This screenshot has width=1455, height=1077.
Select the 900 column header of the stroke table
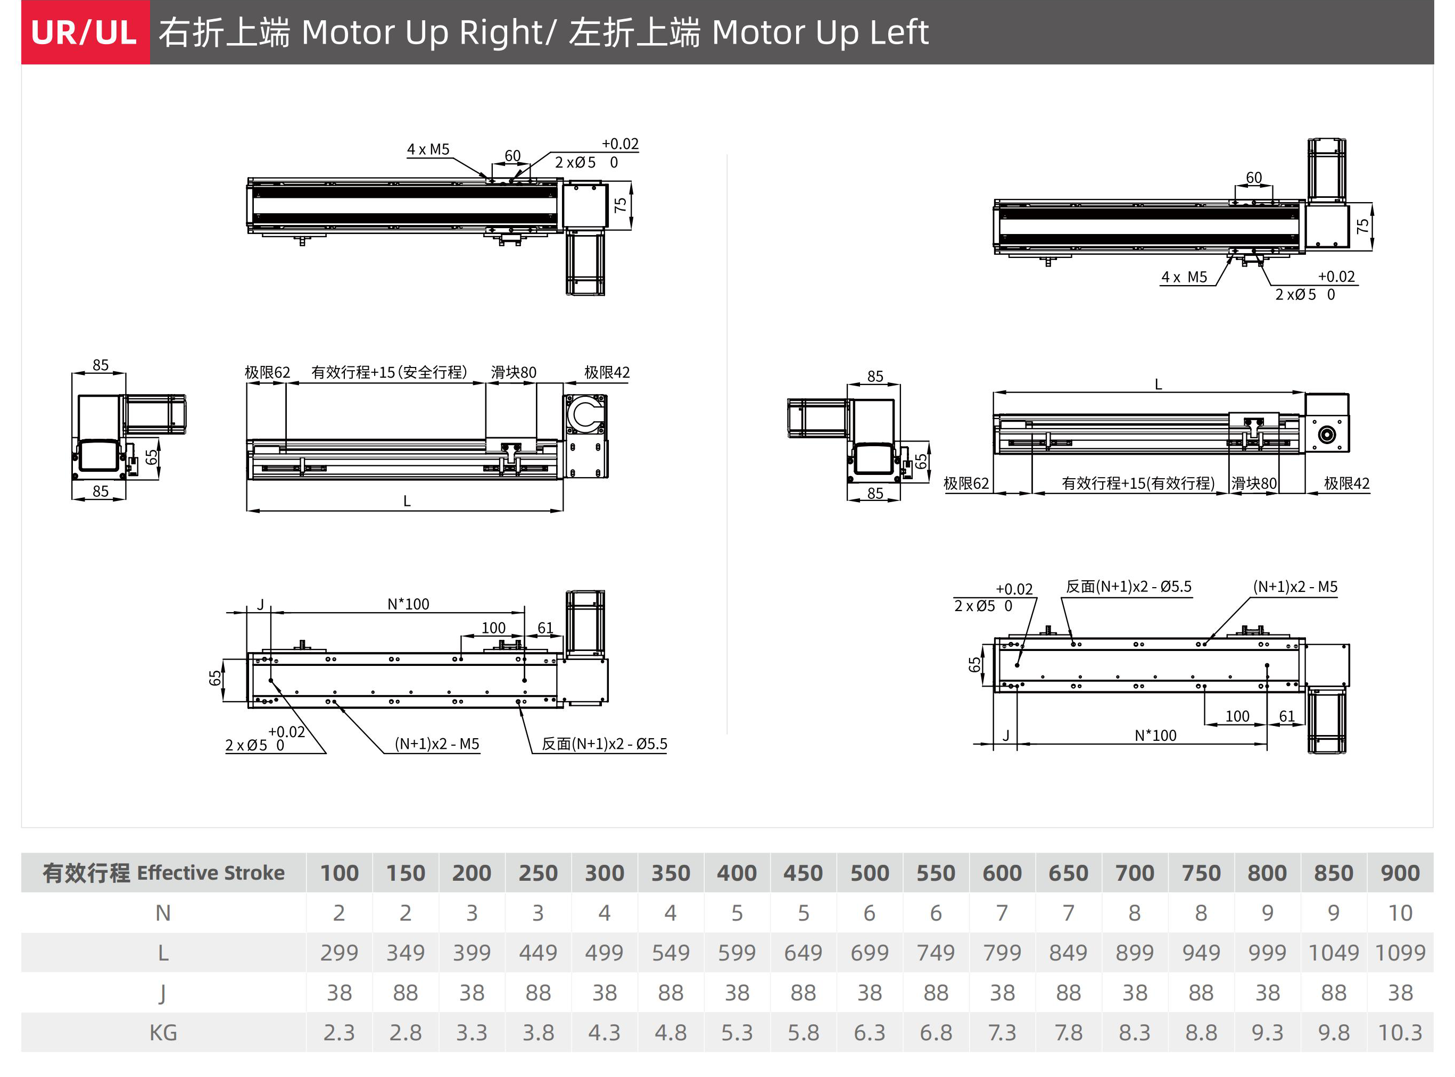point(1400,872)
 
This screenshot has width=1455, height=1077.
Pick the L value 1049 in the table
point(1333,953)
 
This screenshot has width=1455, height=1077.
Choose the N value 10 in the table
point(1400,913)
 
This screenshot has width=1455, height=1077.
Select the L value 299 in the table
point(339,953)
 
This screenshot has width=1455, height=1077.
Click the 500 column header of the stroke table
point(870,872)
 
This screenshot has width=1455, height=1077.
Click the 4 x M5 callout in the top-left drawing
point(428,149)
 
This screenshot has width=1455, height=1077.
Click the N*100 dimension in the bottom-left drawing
point(408,604)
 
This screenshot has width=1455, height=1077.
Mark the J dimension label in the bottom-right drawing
point(1006,736)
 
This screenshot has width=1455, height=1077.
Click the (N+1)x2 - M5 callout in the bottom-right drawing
point(1295,586)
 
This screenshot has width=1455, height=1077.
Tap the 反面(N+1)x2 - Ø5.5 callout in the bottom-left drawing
point(604,744)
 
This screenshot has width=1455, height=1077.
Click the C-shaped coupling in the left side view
point(585,415)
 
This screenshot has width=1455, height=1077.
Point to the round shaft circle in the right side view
point(1327,435)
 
